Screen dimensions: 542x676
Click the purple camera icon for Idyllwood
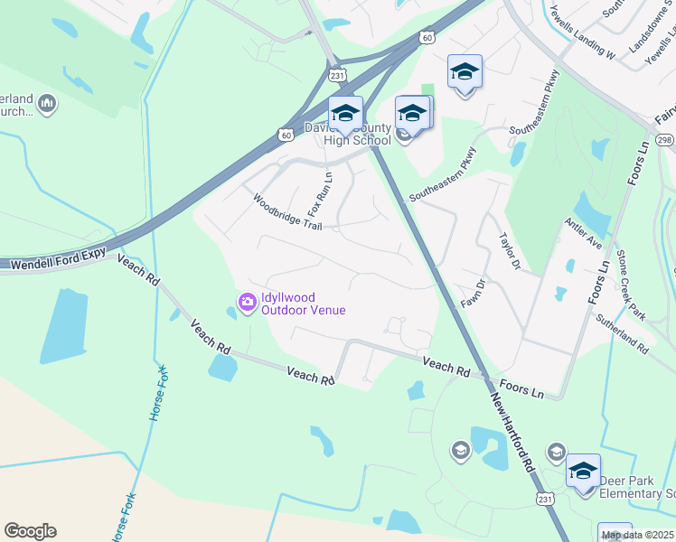tap(246, 301)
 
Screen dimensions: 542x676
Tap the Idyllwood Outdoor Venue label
tap(304, 303)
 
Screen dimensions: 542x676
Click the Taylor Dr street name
tap(510, 250)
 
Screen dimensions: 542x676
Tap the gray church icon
tap(48, 106)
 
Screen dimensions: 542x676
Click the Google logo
tap(30, 531)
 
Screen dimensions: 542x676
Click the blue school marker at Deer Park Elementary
tap(583, 471)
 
